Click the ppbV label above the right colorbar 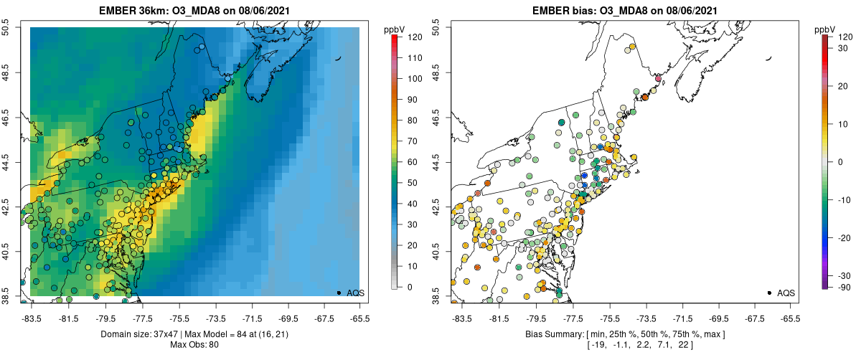pyautogui.click(x=827, y=29)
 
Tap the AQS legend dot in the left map pyautogui.click(x=339, y=293)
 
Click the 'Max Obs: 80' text pyautogui.click(x=194, y=345)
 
